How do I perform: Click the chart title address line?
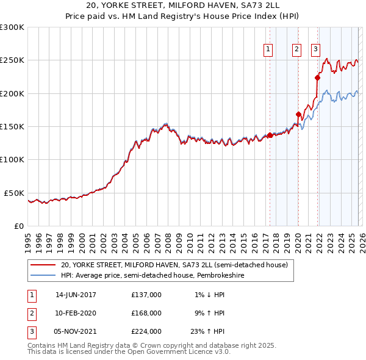click(182, 6)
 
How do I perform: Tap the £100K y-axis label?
click(12, 160)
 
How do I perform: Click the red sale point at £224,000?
click(317, 77)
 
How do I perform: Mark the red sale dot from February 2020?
click(298, 114)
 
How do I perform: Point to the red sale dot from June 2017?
click(270, 135)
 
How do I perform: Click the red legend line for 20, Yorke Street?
click(43, 265)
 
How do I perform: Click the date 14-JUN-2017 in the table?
click(76, 295)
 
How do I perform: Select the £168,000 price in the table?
click(146, 313)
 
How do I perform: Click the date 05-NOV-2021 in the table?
click(76, 331)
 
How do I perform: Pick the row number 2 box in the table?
click(31, 313)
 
